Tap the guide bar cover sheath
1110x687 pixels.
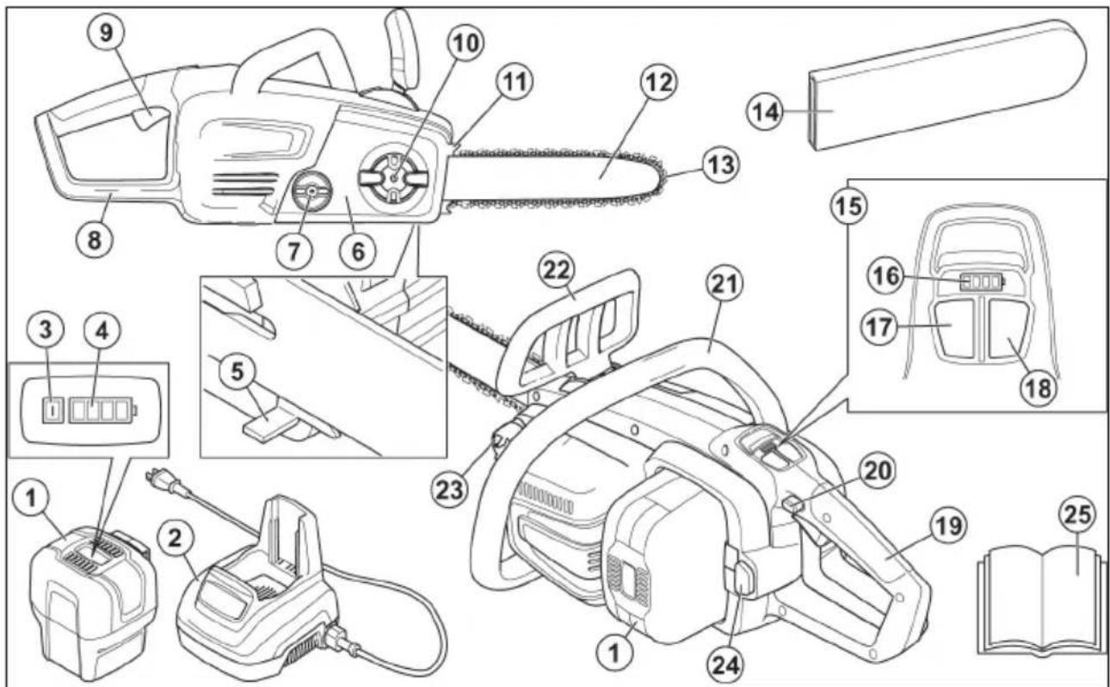pos(938,95)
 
